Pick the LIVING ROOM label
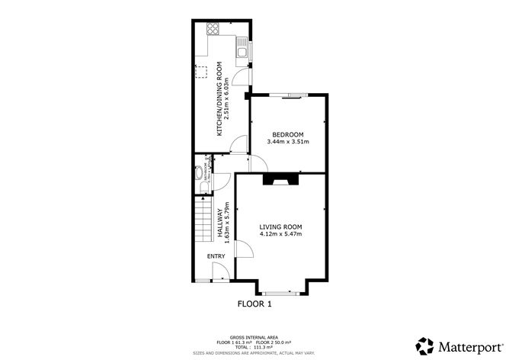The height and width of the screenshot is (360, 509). pyautogui.click(x=280, y=227)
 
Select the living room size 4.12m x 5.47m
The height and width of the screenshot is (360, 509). pyautogui.click(x=280, y=234)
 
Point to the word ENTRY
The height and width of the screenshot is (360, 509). pyautogui.click(x=216, y=256)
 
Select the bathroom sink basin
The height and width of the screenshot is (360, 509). pyautogui.click(x=200, y=172)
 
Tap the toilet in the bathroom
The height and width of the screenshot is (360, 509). pyautogui.click(x=204, y=186)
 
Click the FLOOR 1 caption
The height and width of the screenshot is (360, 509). pyautogui.click(x=254, y=303)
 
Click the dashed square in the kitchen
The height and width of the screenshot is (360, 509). pyautogui.click(x=203, y=72)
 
